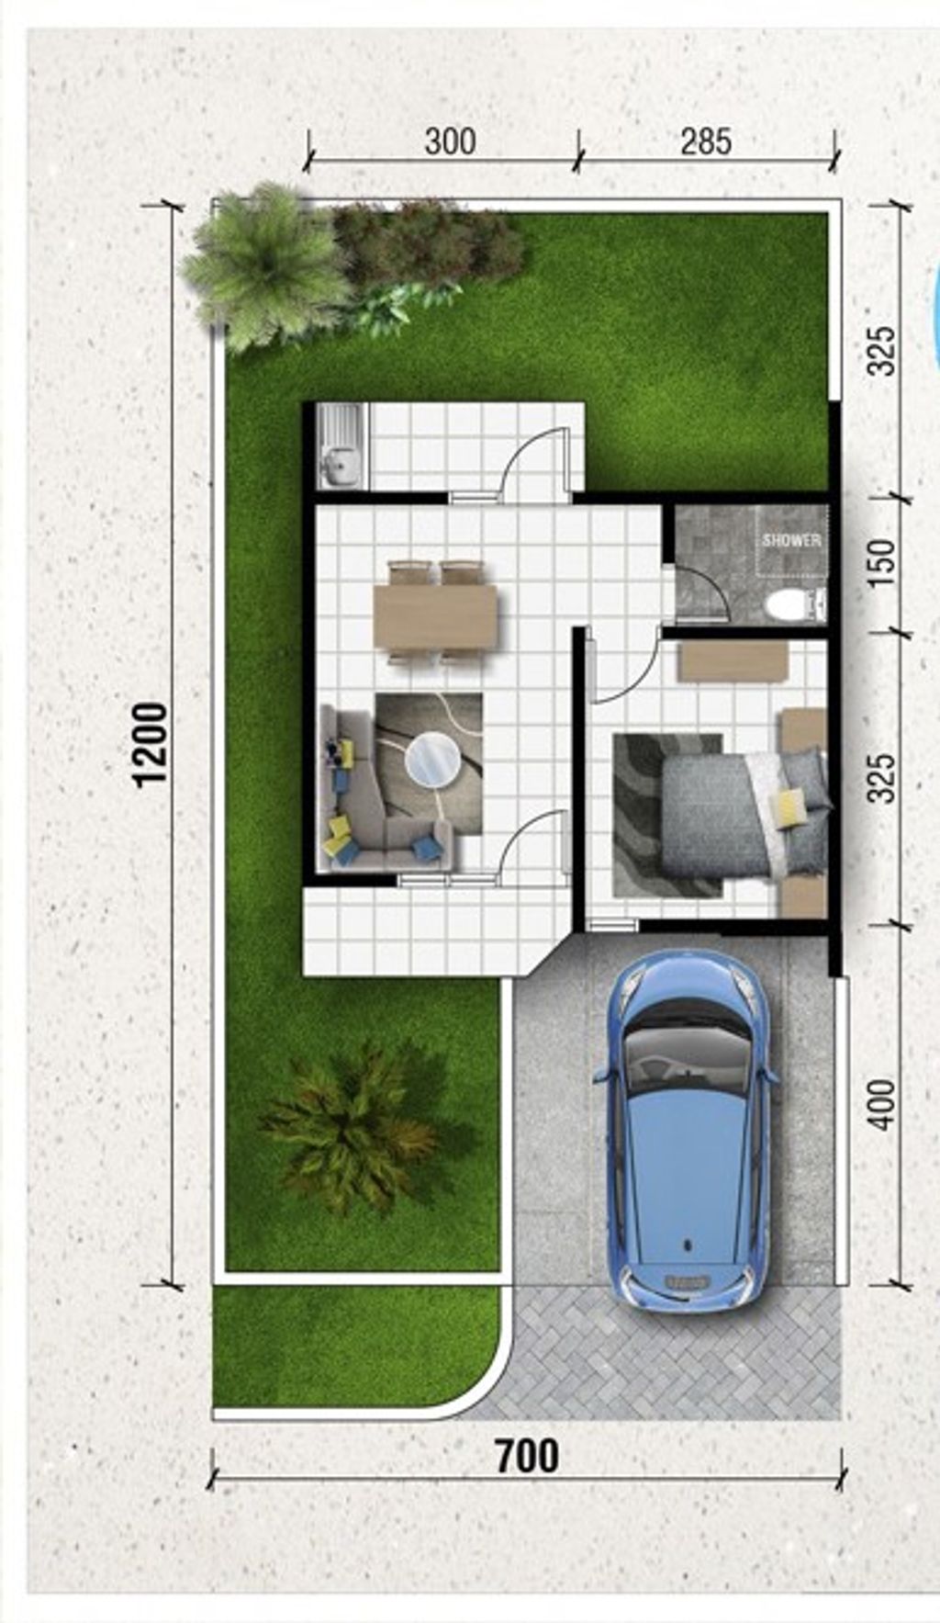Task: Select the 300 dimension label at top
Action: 450,141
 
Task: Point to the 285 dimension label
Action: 706,141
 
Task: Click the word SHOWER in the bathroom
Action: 791,541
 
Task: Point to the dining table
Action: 435,617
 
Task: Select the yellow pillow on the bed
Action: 790,807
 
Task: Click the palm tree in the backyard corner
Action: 262,266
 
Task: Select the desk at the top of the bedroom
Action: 733,661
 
